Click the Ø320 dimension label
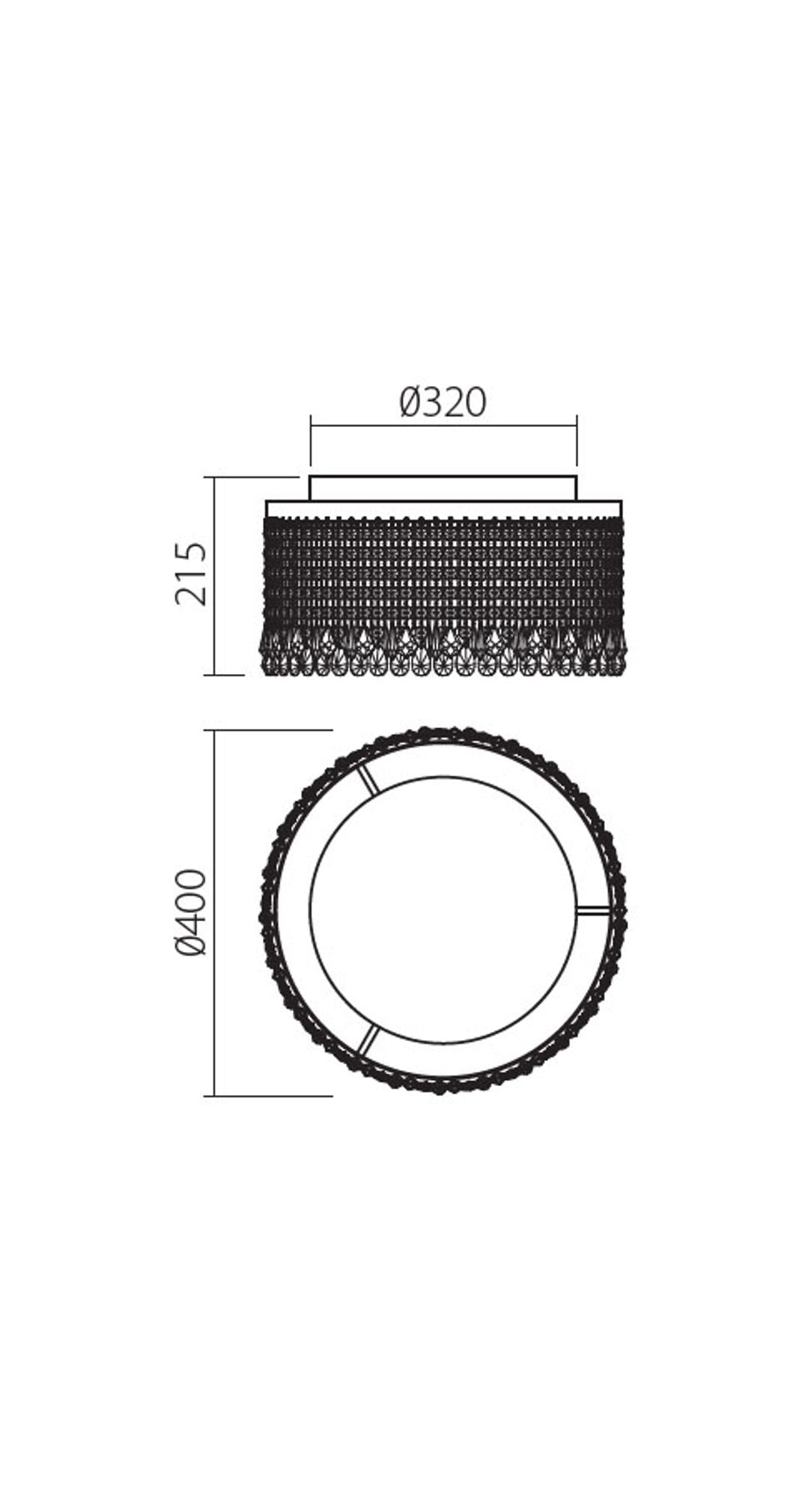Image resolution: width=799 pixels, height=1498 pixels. (x=443, y=403)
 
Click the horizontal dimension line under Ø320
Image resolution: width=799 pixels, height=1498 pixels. (x=443, y=426)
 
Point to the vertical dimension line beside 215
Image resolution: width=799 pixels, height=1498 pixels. (x=215, y=575)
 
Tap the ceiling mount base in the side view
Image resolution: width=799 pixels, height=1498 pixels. (x=443, y=487)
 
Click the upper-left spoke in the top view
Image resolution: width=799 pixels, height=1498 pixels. (x=368, y=778)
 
